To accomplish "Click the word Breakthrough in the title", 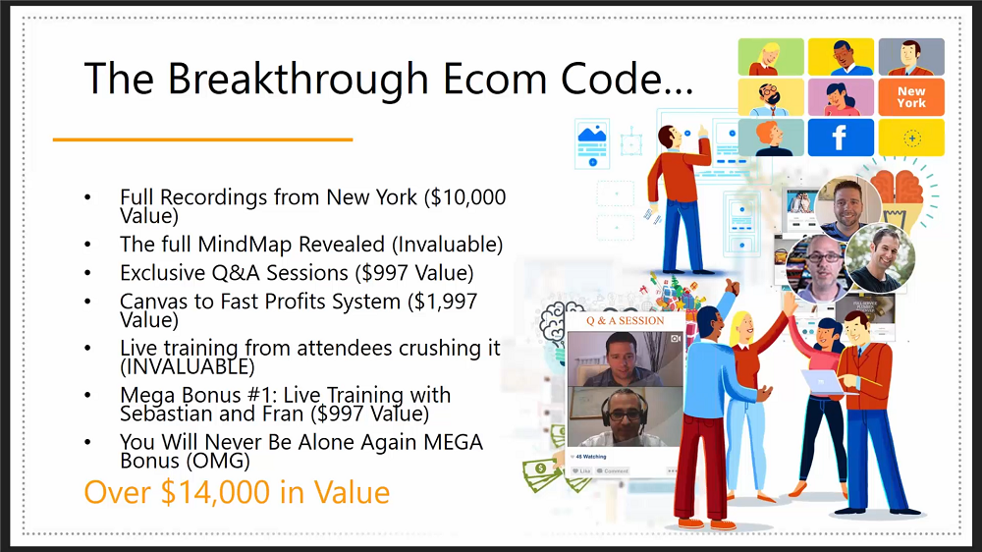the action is (x=298, y=80).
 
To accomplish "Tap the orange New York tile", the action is (x=911, y=97).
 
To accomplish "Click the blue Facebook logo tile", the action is (x=841, y=138).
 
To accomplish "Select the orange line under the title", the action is (x=203, y=139).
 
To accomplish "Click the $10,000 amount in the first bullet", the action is (x=464, y=197).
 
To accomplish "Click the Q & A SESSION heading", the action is (x=625, y=321).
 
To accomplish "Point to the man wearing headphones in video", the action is (x=625, y=416).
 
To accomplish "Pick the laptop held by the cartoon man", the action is (x=824, y=381).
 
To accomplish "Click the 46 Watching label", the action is (x=590, y=457).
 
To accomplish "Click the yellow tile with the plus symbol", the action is (x=911, y=138).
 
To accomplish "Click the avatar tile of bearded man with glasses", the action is (x=771, y=97).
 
